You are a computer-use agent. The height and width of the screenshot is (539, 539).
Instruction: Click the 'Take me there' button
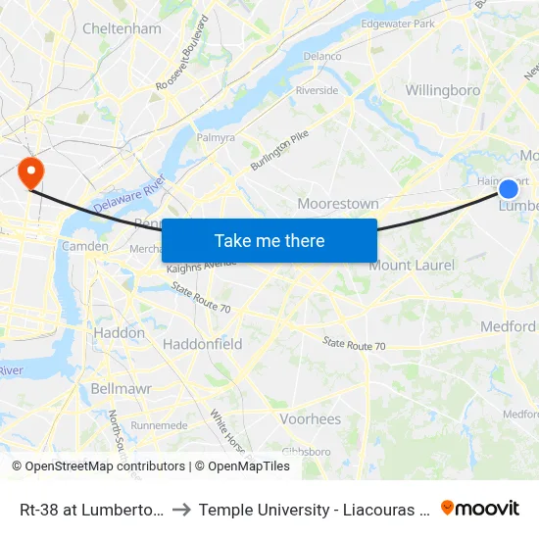click(269, 240)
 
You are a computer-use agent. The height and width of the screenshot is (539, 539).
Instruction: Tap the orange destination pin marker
click(31, 173)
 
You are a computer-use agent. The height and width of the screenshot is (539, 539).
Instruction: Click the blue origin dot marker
click(509, 189)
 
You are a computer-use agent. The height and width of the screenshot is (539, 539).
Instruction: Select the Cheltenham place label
click(122, 28)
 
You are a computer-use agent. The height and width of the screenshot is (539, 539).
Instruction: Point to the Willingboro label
click(443, 90)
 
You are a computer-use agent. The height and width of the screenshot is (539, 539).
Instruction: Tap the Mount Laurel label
click(412, 266)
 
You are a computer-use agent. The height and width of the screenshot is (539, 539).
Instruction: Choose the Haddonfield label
click(202, 344)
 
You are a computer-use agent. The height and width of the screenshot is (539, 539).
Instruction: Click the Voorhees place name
click(311, 418)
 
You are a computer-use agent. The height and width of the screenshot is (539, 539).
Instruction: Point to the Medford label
click(508, 326)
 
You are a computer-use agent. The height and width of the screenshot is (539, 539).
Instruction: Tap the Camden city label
click(85, 246)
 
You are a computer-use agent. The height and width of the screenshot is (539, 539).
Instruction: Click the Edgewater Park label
click(398, 23)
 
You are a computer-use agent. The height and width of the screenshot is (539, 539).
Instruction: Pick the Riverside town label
click(317, 90)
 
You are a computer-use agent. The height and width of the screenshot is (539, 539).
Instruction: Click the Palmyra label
click(216, 138)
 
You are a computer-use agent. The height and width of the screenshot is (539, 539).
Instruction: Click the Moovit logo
click(480, 509)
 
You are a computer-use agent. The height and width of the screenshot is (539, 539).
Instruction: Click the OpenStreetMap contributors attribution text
click(98, 466)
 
